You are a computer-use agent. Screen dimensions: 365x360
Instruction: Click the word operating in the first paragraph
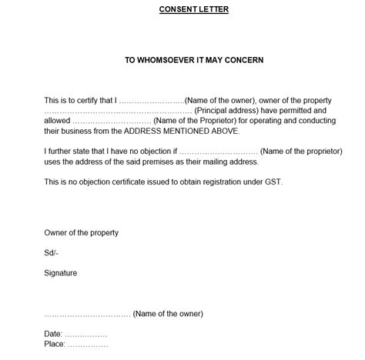coord(262,121)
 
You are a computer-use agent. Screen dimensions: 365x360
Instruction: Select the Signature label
coord(60,272)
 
